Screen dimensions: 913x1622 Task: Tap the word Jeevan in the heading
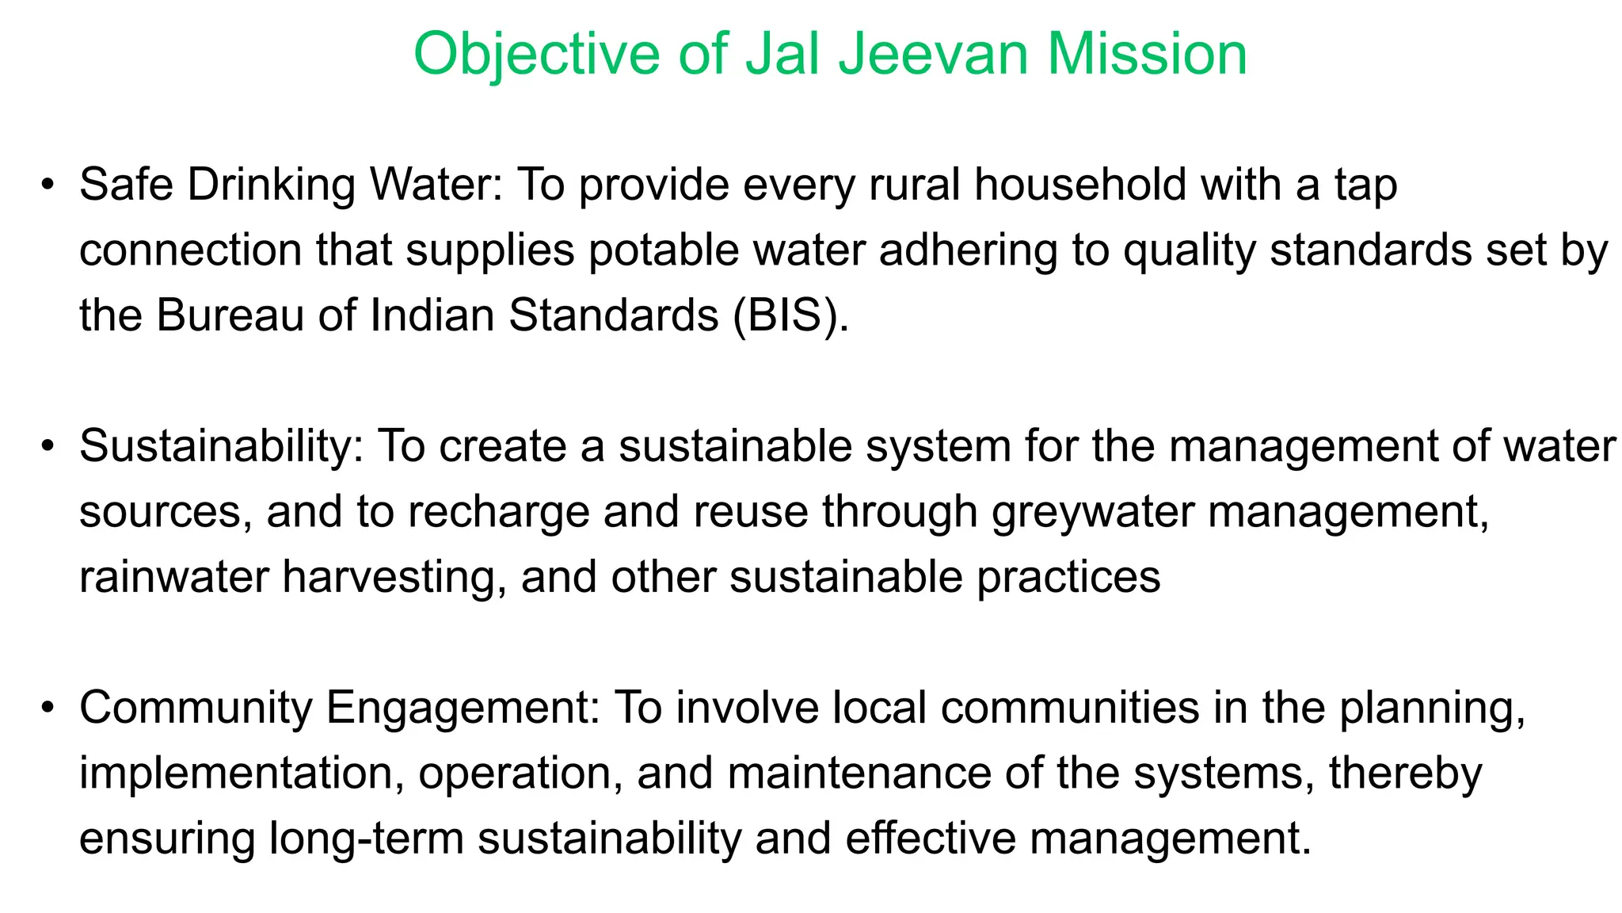coord(931,54)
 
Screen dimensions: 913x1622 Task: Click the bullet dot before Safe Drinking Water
coord(48,185)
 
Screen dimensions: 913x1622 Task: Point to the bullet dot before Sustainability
coord(48,447)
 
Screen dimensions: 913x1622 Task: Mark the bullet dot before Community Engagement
coord(48,708)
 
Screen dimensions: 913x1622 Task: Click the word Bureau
coord(230,315)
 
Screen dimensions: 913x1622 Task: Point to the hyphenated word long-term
coord(366,839)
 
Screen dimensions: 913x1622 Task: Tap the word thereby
coord(1405,774)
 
